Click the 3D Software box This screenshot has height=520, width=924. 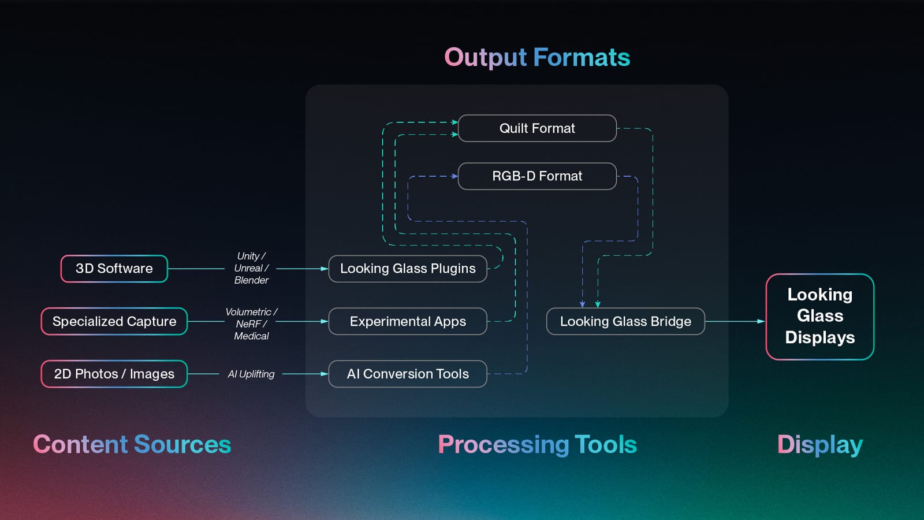(114, 269)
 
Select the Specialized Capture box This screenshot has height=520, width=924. (114, 321)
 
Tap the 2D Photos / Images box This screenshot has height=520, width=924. (114, 374)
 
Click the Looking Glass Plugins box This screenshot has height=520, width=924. (408, 269)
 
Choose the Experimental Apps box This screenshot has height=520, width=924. (408, 321)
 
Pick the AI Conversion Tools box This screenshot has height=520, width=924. (408, 374)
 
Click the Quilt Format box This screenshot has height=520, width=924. (537, 128)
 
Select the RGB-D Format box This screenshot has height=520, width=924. (537, 176)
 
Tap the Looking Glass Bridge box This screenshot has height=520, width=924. (625, 321)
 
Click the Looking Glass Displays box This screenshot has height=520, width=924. (820, 317)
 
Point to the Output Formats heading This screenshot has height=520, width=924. (537, 58)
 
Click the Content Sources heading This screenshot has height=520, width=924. (132, 444)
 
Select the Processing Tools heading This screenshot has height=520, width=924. (537, 444)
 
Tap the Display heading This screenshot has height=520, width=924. (820, 444)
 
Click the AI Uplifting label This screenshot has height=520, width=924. (251, 374)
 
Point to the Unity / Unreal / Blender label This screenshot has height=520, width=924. (251, 268)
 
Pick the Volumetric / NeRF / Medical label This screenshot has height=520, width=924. (251, 324)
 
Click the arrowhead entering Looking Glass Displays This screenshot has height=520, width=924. (761, 321)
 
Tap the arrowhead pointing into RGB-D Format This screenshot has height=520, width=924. (454, 176)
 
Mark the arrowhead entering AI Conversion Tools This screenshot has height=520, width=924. (325, 374)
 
